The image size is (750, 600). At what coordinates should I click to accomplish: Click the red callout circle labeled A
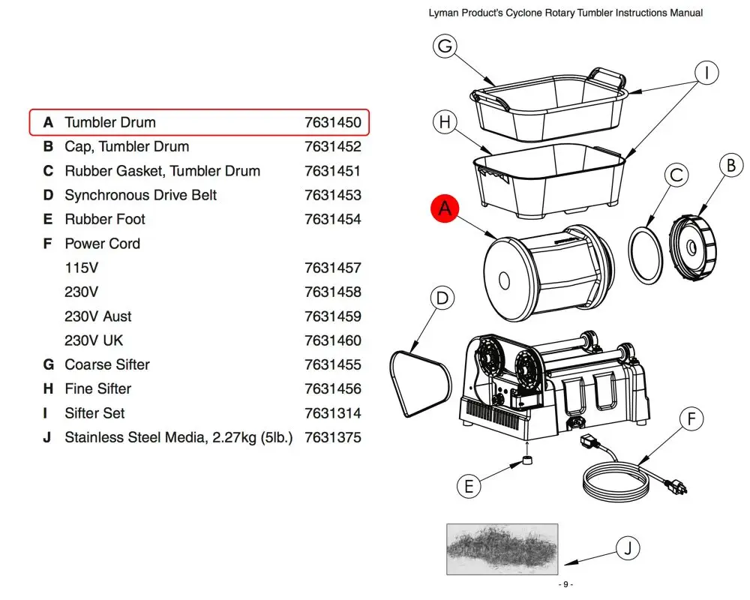(x=445, y=209)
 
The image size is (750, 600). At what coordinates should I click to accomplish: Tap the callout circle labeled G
(x=445, y=46)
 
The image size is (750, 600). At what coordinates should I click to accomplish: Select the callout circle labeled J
(x=628, y=548)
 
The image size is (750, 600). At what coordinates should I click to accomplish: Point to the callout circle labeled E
(x=469, y=486)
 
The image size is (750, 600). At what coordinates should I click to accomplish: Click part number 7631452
(x=332, y=146)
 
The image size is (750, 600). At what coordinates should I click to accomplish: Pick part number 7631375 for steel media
(x=332, y=437)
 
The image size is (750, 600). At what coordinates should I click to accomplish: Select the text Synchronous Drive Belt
(x=140, y=195)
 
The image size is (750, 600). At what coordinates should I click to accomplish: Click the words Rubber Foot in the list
(x=105, y=219)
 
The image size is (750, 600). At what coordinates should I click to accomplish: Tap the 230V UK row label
(x=94, y=340)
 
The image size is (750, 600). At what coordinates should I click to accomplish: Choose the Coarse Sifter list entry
(x=107, y=364)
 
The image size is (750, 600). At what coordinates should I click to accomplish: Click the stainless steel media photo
(x=502, y=549)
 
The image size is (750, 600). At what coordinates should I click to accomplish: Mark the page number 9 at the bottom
(x=565, y=585)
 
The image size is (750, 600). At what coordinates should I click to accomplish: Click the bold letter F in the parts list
(x=48, y=243)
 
